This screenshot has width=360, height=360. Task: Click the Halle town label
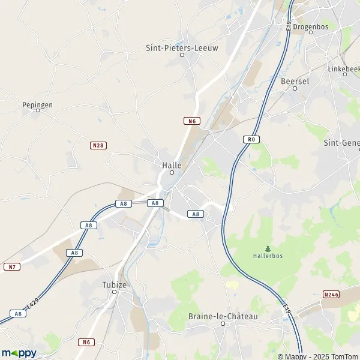click(172, 164)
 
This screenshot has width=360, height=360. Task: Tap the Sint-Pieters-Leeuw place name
click(181, 47)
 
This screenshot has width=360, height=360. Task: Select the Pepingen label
click(37, 104)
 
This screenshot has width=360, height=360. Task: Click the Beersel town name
click(294, 80)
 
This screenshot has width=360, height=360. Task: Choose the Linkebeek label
click(344, 69)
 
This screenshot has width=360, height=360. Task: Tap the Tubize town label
click(114, 285)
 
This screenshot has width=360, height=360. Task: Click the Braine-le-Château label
click(223, 316)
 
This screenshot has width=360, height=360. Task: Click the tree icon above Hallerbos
click(268, 248)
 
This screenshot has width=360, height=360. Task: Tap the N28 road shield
click(98, 145)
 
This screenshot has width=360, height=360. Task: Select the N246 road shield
click(331, 294)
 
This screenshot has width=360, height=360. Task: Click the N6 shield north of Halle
click(191, 121)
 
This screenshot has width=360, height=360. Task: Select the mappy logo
click(19, 353)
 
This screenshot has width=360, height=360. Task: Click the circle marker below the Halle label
click(172, 173)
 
